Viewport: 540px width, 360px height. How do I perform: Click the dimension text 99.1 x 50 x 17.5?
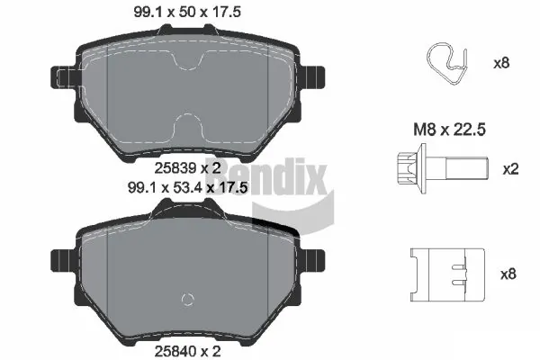[x=187, y=12]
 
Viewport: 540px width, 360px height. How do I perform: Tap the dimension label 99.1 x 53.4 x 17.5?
[x=188, y=188]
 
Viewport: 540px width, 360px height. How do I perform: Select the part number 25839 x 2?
[x=187, y=168]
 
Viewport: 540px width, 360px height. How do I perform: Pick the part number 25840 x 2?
[x=187, y=351]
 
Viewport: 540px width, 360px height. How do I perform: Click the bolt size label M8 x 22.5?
[x=449, y=130]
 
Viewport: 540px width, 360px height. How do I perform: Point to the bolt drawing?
[x=443, y=169]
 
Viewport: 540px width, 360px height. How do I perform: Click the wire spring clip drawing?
[x=447, y=64]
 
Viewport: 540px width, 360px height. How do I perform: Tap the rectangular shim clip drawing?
[x=447, y=274]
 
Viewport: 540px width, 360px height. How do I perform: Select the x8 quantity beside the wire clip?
[x=501, y=63]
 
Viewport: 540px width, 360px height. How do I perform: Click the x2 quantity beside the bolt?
[x=510, y=169]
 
